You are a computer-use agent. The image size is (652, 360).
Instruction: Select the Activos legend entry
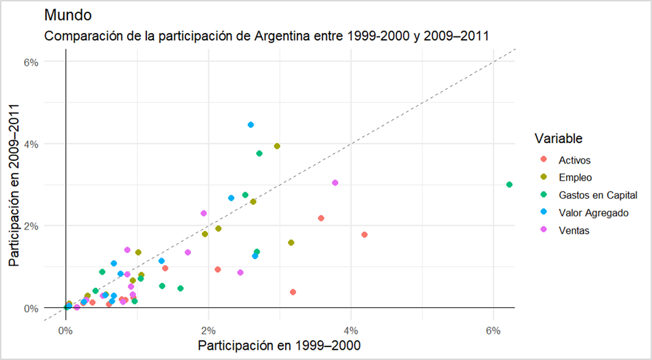[x=574, y=160]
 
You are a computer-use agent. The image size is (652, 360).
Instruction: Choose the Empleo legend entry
[x=575, y=178]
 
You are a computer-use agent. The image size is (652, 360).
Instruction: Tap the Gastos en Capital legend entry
[x=593, y=196]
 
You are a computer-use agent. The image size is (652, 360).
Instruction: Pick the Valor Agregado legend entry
[x=593, y=213]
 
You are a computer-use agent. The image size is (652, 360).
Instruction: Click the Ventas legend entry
[x=574, y=231]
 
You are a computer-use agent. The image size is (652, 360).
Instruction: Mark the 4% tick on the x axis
[x=351, y=322]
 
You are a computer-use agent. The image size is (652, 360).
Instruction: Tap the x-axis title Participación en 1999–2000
[x=280, y=344]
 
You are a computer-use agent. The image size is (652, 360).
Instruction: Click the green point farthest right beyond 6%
[x=509, y=185]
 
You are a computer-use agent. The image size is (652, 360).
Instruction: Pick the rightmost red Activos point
[x=365, y=235]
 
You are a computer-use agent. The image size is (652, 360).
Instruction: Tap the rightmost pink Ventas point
[x=335, y=183]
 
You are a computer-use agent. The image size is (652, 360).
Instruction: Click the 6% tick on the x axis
[x=493, y=322]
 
